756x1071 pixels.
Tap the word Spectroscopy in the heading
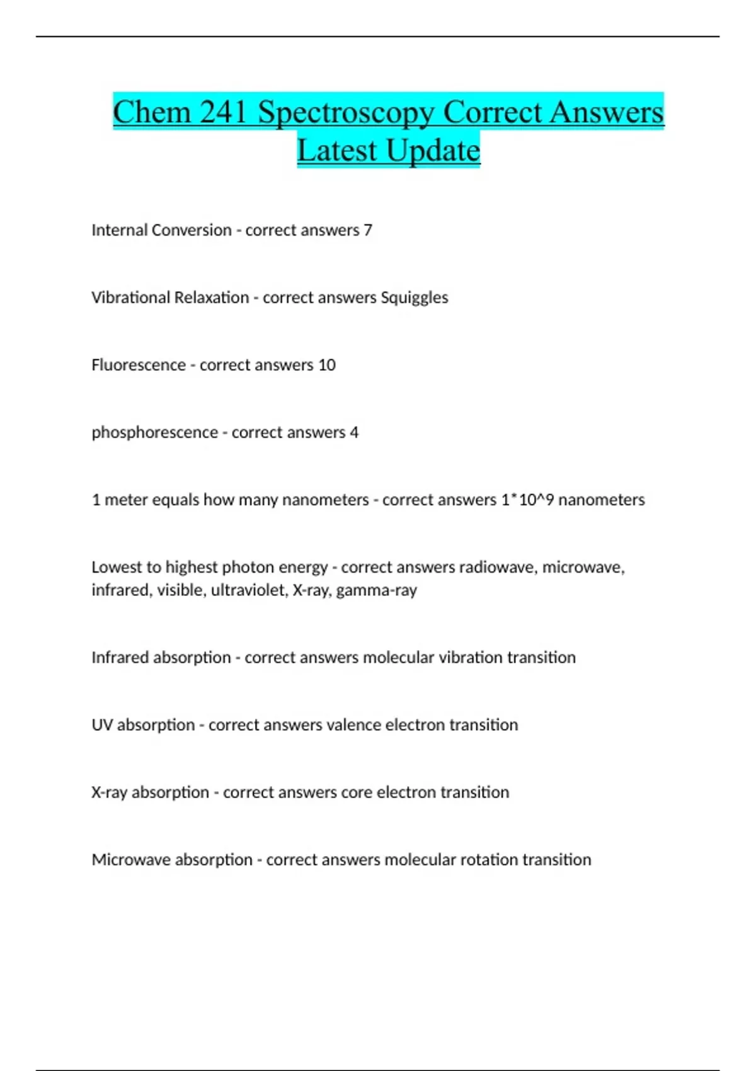tap(346, 113)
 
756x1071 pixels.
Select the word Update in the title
tap(433, 151)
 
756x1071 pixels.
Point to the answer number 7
tap(368, 230)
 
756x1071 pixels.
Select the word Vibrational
tap(129, 297)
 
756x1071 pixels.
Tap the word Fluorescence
tap(139, 365)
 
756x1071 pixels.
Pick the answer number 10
tap(327, 365)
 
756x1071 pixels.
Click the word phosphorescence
tap(155, 433)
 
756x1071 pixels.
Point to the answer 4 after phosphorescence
tap(354, 432)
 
